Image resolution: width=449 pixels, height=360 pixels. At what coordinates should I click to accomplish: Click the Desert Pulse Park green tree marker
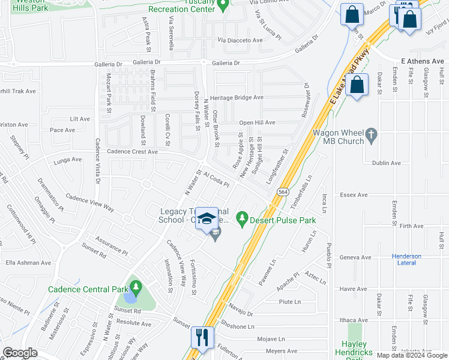pos(243,217)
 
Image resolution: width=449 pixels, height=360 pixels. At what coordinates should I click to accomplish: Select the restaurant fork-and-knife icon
pos(201,337)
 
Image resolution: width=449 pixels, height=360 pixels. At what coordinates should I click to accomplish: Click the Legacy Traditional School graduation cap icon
pos(208,218)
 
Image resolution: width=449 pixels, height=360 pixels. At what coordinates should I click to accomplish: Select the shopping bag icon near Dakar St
pos(357,85)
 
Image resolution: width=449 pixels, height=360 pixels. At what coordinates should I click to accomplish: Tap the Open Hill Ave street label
pos(257,122)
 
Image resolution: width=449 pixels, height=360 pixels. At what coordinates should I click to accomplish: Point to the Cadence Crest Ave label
pos(132,152)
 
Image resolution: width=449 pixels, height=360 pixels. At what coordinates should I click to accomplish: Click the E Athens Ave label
pos(421,61)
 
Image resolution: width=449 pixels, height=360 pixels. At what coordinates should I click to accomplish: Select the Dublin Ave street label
pos(387,163)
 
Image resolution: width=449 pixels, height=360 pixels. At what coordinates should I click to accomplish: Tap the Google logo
pos(20,353)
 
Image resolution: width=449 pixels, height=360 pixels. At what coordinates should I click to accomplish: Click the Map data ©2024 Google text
pos(411,355)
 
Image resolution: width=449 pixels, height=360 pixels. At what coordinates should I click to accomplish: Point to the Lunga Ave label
pos(67,160)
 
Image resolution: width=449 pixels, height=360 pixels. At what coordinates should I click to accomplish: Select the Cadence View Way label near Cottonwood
pos(89,202)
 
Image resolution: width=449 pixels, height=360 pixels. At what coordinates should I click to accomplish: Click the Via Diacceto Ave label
pos(240,40)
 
